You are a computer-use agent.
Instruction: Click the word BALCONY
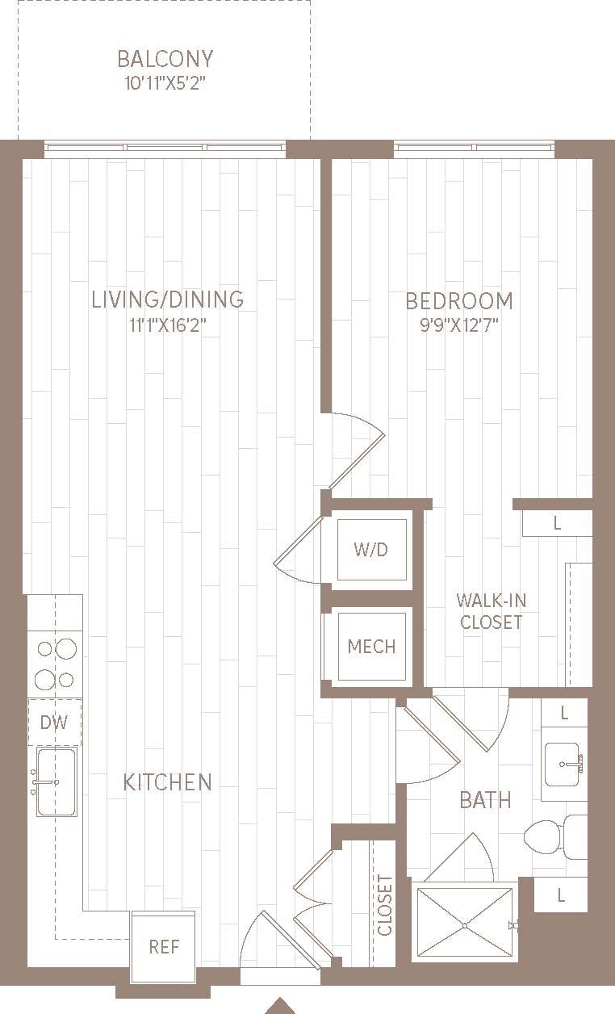tap(165, 59)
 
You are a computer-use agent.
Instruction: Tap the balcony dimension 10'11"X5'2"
tap(165, 83)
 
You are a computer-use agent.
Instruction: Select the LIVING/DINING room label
tap(167, 300)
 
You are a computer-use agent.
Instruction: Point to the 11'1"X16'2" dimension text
tap(167, 325)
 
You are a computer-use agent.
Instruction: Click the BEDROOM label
tap(458, 301)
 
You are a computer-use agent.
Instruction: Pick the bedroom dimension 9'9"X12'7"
tap(458, 326)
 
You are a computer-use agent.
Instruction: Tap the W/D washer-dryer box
tap(371, 550)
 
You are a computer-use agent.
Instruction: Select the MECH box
tap(371, 646)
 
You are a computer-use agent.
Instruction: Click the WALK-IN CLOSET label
tap(490, 611)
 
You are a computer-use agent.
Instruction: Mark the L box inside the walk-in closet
tap(557, 523)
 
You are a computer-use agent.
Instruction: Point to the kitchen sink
tap(56, 781)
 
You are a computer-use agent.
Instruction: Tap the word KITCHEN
tap(168, 782)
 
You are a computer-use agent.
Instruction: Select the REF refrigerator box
tap(163, 946)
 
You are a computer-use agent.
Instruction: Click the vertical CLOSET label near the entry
tap(385, 904)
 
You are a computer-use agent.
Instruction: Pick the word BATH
tap(485, 800)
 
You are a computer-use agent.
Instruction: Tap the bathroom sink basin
tap(567, 762)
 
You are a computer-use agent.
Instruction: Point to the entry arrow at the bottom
tap(280, 1006)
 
